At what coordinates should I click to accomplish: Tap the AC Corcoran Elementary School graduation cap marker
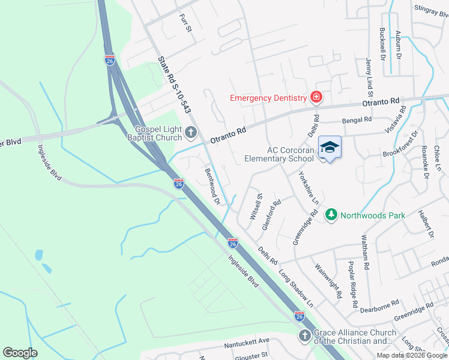pos(330,147)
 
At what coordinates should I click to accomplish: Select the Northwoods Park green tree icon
pos(331,214)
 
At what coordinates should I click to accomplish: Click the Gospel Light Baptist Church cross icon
pos(191,132)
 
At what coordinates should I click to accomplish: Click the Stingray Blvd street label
pos(432,8)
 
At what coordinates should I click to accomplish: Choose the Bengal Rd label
pos(357,121)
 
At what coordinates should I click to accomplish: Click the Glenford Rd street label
pos(272,215)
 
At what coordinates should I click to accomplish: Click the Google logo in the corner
pos(20,353)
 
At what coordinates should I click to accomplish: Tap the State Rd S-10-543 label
pos(175,85)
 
